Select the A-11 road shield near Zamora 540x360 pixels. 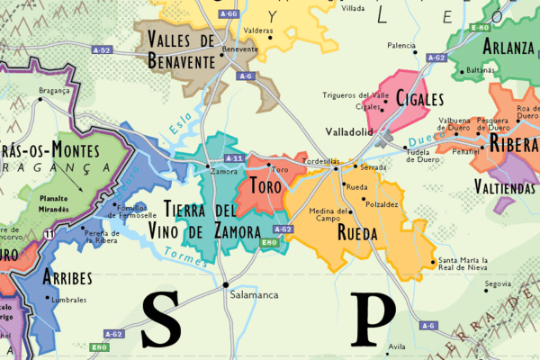(234, 158)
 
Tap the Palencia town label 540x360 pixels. (401, 45)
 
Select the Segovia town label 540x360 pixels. (498, 283)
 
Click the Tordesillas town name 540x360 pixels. (320, 161)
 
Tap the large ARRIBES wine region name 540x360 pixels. (67, 276)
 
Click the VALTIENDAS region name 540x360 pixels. (506, 188)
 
